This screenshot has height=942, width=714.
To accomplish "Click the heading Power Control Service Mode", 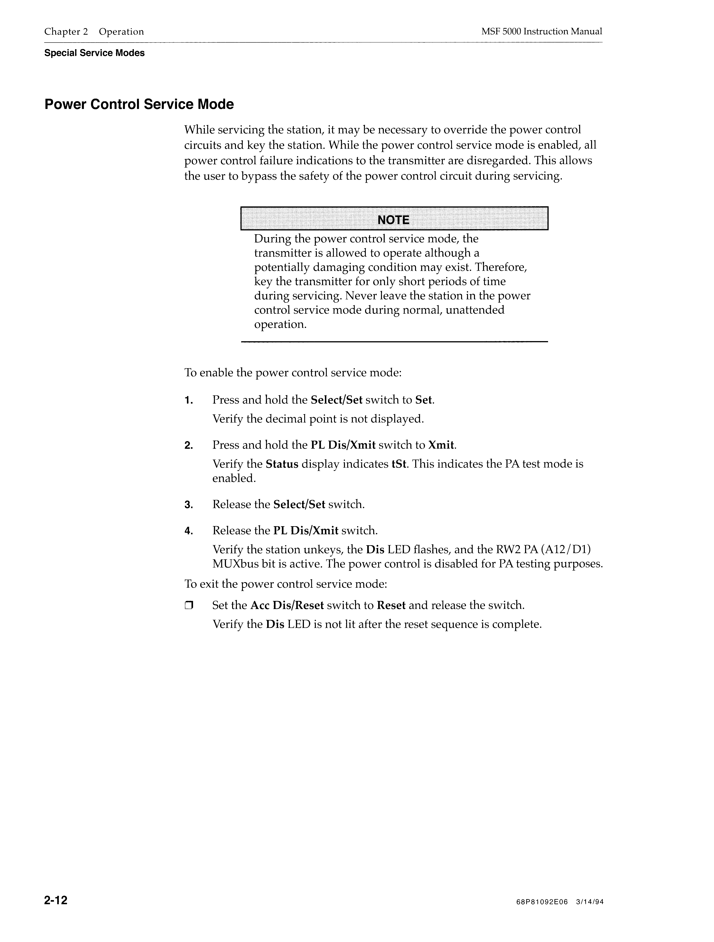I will point(139,104).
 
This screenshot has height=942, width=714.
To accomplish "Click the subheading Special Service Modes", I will point(94,53).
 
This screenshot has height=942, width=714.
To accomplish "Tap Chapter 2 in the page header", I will point(66,32).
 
